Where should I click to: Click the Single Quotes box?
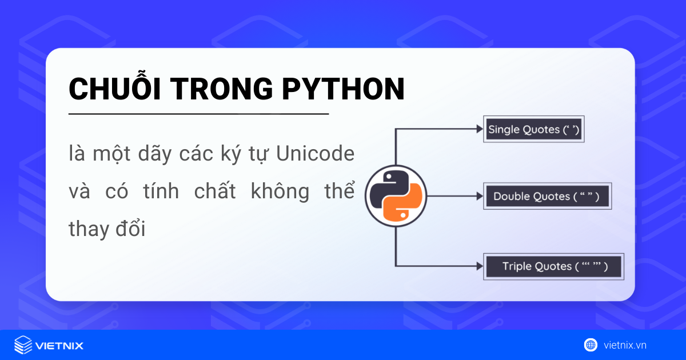point(534,130)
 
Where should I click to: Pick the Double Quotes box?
point(546,197)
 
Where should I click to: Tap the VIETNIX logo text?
point(59,345)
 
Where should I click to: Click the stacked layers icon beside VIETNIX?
point(23,345)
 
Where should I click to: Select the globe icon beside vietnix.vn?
point(590,345)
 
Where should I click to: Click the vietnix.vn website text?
point(625,345)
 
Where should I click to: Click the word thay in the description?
point(88,229)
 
